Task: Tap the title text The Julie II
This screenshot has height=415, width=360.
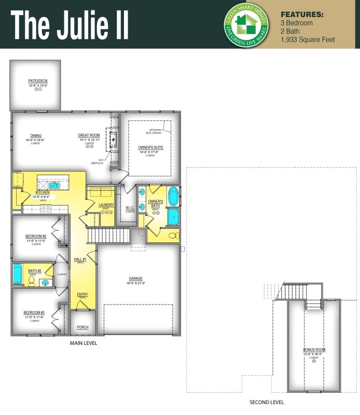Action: [x=70, y=24]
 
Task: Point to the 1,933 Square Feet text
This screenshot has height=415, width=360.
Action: [x=308, y=39]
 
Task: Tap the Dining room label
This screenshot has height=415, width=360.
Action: [x=36, y=136]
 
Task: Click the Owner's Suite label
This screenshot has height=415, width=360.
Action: [x=150, y=148]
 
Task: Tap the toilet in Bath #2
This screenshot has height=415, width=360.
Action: [x=31, y=281]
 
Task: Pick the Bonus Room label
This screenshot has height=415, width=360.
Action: [x=314, y=350]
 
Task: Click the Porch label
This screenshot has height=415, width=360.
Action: [x=83, y=327]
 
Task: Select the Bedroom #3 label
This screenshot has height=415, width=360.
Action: [x=35, y=313]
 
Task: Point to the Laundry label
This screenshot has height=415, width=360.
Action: [x=106, y=205]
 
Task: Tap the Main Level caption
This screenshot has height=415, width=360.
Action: [x=84, y=343]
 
